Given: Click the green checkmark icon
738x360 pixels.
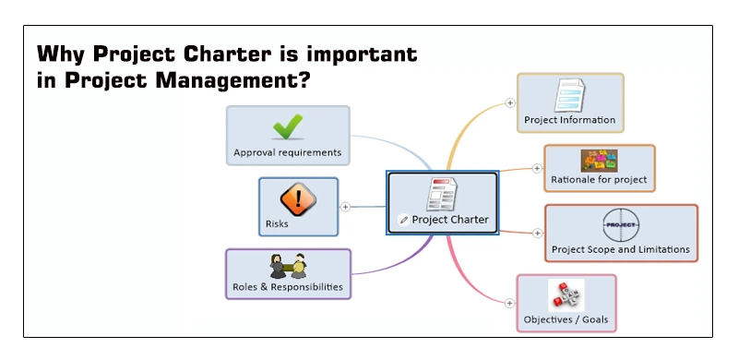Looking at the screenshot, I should tap(288, 126).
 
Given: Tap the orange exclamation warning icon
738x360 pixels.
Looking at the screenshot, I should tap(298, 198).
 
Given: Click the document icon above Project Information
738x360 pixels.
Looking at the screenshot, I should tap(569, 96).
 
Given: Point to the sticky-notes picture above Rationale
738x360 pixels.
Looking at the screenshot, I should tap(599, 161).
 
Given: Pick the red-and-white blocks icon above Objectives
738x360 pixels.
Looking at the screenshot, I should tap(565, 295).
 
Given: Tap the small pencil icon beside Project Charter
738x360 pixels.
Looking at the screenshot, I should tap(403, 220).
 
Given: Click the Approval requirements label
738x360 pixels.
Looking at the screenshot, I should tap(287, 152).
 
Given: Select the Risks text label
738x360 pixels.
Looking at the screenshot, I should tap(277, 223).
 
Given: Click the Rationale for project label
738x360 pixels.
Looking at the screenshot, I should tap(599, 179).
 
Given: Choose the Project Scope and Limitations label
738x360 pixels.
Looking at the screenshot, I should tap(620, 249).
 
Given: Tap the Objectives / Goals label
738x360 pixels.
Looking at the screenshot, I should tap(565, 320).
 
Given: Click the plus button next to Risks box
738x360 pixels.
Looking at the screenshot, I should tap(345, 207).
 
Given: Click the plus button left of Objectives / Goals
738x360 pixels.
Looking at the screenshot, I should tap(508, 302).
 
